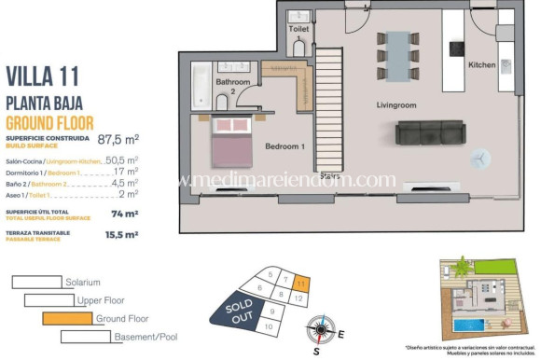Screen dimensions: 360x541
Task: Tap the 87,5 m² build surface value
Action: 118,140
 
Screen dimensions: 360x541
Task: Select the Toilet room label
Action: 298,29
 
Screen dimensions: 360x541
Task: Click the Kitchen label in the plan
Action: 481,64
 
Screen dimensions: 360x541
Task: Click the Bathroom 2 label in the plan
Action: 233,88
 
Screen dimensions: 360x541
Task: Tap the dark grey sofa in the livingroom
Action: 432,133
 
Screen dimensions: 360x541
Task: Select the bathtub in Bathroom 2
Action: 202,87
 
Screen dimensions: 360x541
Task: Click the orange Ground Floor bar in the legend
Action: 68,318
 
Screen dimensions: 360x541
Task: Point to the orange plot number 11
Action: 301,282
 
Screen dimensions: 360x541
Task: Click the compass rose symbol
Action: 323,330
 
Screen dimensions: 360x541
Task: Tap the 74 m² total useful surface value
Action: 118,213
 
